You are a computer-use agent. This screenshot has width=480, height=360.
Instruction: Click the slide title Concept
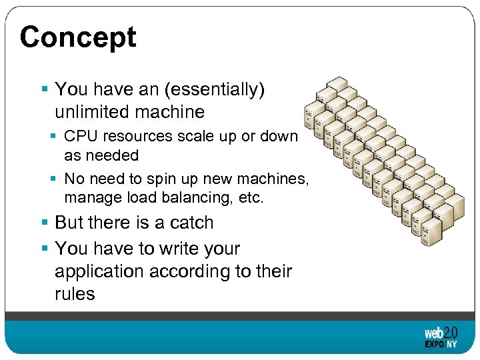pos(78,37)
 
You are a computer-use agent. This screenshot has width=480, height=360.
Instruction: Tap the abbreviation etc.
pos(251,198)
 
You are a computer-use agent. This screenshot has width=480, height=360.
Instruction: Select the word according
pos(194,272)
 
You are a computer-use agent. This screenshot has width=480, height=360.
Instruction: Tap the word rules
pos(75,294)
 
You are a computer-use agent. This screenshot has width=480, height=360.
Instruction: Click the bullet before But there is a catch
pos(45,223)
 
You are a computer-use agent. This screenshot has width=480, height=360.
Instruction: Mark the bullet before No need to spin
pos(54,179)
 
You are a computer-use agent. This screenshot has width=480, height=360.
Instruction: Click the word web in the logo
pos(434,333)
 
